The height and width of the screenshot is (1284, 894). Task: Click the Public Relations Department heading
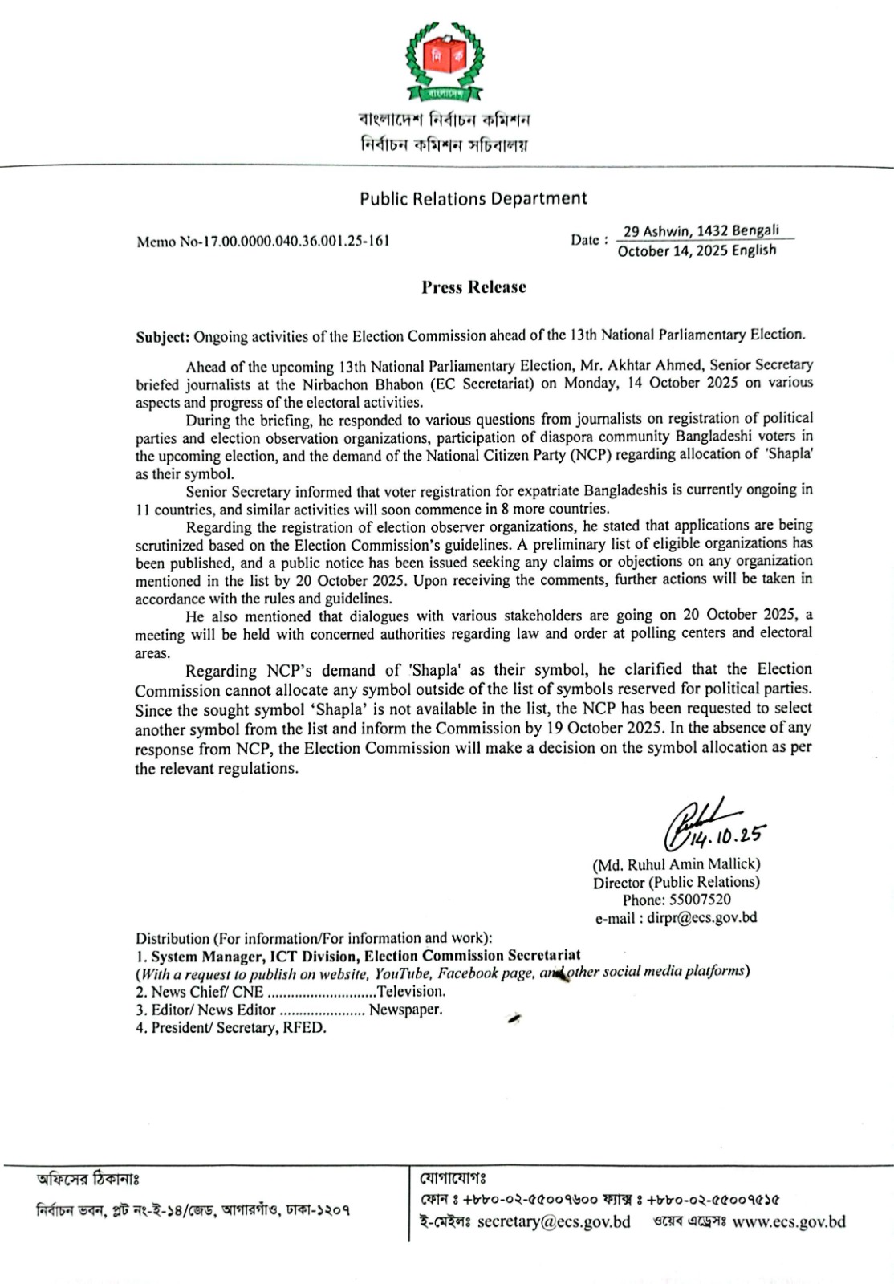pyautogui.click(x=473, y=198)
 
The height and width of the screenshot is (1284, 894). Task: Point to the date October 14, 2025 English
pyautogui.click(x=697, y=250)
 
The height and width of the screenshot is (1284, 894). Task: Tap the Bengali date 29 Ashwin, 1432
pyautogui.click(x=701, y=231)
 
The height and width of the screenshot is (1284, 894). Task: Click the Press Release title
pyautogui.click(x=473, y=287)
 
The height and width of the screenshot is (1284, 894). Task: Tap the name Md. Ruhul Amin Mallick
pyautogui.click(x=677, y=864)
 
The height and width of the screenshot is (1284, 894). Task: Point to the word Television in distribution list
pyautogui.click(x=411, y=991)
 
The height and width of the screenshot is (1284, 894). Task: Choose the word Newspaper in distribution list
pyautogui.click(x=405, y=1010)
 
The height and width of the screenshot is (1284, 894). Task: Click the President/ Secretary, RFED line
pyautogui.click(x=230, y=1028)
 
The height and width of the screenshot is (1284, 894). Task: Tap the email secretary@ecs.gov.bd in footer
pyautogui.click(x=554, y=1222)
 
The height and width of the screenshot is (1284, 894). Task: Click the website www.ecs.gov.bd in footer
pyautogui.click(x=789, y=1222)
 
